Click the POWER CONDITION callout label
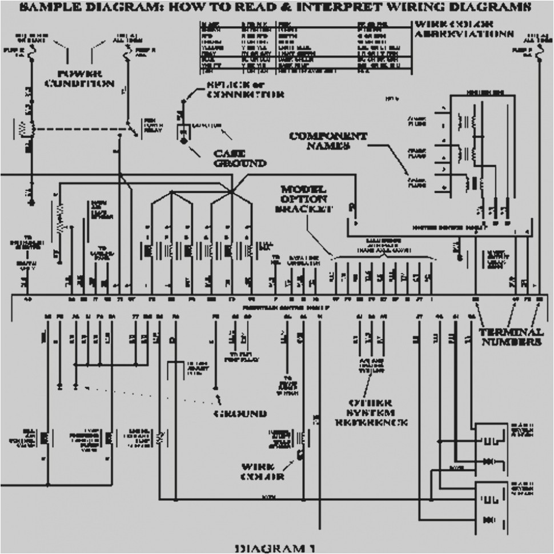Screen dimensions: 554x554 (87, 79)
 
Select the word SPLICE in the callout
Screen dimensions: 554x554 (224, 86)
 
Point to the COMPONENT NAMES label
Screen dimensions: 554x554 (328, 140)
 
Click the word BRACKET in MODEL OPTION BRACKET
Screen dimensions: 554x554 (304, 209)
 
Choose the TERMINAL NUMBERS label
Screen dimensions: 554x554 (511, 337)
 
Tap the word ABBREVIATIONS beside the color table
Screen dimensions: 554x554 (463, 34)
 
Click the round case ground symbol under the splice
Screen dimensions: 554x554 (184, 139)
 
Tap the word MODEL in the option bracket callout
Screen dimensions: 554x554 (303, 189)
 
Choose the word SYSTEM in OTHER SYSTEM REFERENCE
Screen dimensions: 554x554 (371, 413)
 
